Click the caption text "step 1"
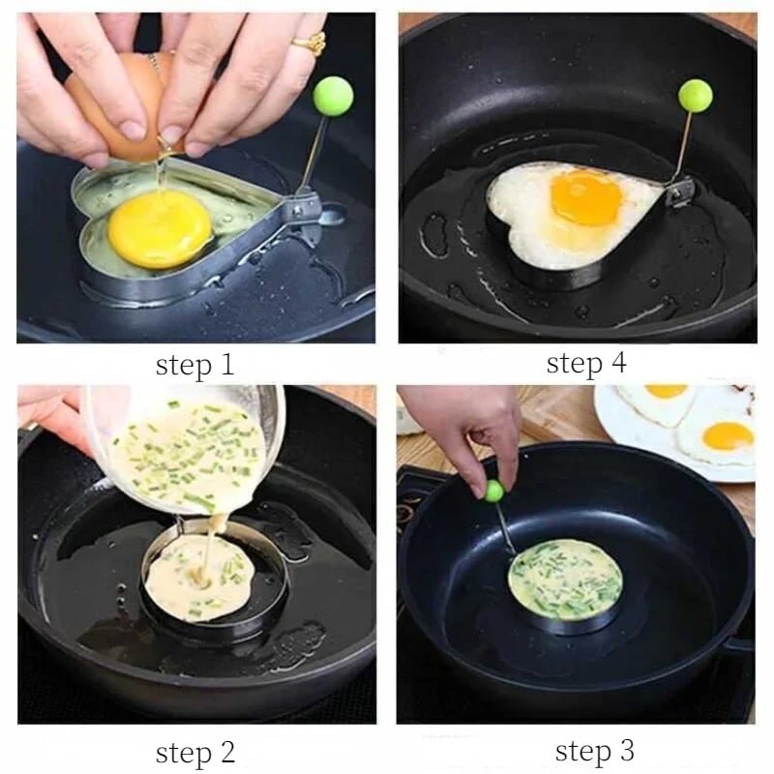(194, 366)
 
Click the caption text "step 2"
(195, 754)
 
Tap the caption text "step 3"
(594, 752)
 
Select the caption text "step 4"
(586, 364)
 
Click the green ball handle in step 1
(333, 96)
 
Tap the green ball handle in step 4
(696, 95)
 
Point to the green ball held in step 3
(493, 491)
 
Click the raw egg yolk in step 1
(161, 229)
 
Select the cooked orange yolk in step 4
(586, 196)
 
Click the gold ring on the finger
(311, 43)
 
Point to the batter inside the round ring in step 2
(200, 574)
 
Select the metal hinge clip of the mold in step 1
(301, 211)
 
